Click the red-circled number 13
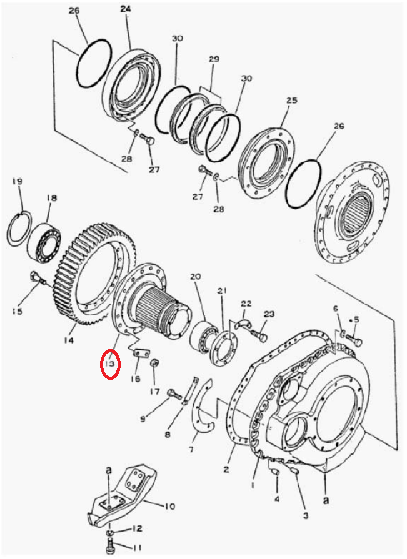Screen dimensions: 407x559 (x=109, y=364)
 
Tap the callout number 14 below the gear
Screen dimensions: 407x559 (x=69, y=340)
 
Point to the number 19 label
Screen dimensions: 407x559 (x=17, y=182)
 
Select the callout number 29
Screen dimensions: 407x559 (x=214, y=59)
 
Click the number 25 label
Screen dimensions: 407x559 (x=292, y=101)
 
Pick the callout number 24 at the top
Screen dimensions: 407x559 (x=126, y=9)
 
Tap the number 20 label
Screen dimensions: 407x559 (x=195, y=276)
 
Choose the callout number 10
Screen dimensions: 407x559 (x=169, y=507)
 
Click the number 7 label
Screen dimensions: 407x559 (x=191, y=450)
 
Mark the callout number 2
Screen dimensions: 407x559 (x=226, y=469)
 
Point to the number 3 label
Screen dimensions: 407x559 (x=305, y=515)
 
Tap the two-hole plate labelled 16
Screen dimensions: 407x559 (x=140, y=354)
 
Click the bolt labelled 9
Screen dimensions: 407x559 (x=175, y=394)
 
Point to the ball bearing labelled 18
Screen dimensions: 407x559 (x=44, y=240)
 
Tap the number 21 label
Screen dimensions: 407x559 (x=222, y=292)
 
